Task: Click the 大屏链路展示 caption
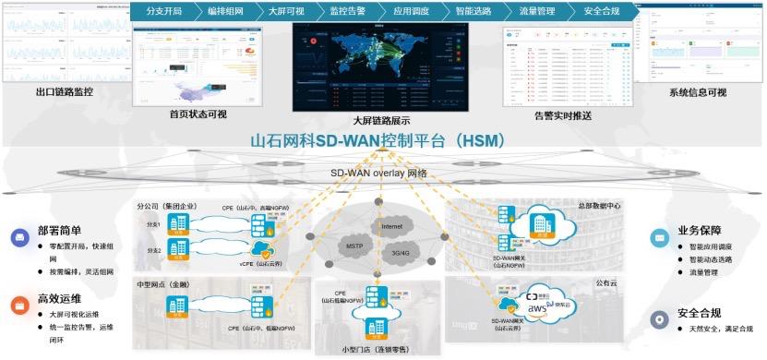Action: click(x=381, y=120)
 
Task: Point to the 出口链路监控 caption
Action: click(x=65, y=92)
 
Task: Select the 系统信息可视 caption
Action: click(x=698, y=92)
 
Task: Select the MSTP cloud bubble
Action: click(x=353, y=246)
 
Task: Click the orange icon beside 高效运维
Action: click(x=20, y=302)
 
